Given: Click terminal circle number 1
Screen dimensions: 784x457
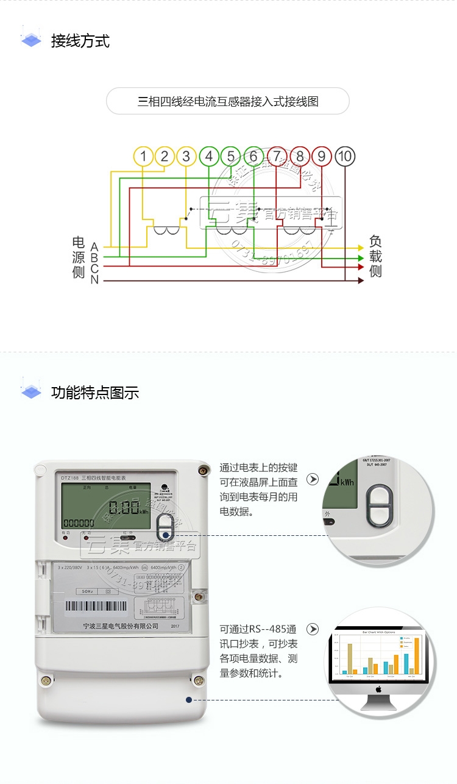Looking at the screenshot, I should (x=143, y=157).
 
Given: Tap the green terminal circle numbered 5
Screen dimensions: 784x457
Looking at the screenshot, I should (x=231, y=157).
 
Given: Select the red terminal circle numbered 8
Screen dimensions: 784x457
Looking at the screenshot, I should (x=300, y=157).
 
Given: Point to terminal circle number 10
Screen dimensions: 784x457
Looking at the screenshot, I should (x=344, y=157).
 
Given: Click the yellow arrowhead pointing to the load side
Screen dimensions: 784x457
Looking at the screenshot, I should (x=361, y=248).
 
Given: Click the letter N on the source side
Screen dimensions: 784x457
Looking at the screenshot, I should (x=94, y=280).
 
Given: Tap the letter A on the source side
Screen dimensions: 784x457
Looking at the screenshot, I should (x=94, y=247).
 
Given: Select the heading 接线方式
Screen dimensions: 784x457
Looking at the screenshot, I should (x=80, y=41).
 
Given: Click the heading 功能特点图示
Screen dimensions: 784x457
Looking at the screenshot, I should (x=95, y=393).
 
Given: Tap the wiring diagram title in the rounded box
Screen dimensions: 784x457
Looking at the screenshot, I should (x=228, y=101).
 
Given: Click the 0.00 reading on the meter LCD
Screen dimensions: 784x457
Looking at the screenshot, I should (x=125, y=507).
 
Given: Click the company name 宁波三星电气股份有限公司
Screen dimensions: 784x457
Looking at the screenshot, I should (x=120, y=626).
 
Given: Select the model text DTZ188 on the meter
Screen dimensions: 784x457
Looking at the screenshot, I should (x=69, y=477).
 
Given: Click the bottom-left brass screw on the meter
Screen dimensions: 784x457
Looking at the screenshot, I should (x=46, y=680).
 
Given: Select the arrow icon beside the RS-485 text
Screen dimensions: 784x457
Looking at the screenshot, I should (x=313, y=629).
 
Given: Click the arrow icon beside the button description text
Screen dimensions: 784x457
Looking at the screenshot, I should (x=313, y=480).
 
